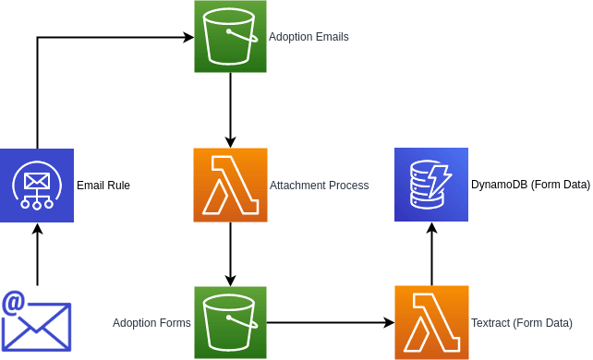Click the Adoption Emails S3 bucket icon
230,37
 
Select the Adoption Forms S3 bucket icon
230,322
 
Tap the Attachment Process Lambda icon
230,185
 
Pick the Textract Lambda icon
431,322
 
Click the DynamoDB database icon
431,185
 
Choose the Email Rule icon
37,185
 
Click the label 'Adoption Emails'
309,37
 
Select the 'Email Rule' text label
103,186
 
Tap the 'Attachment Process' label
319,186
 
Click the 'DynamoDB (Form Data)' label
530,186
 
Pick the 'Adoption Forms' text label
151,323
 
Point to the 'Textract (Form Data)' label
521,323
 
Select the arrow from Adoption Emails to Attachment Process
230,111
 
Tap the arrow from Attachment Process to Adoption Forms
230,254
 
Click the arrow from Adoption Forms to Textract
331,322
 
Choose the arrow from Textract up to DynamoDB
431,254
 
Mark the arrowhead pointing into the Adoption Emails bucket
188,37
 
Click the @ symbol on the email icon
14,302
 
